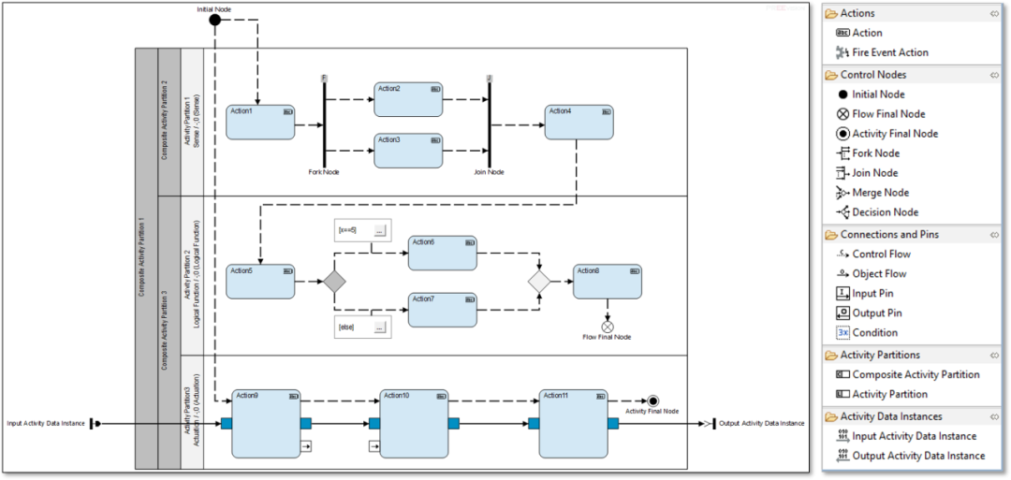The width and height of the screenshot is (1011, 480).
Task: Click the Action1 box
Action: pyautogui.click(x=260, y=123)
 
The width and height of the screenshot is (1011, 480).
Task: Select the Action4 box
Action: pyautogui.click(x=579, y=122)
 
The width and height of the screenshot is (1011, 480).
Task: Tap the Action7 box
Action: pyautogui.click(x=442, y=310)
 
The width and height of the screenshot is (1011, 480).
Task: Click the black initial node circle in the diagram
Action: pyautogui.click(x=214, y=20)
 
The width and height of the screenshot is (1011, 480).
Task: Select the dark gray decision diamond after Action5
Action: pyautogui.click(x=335, y=281)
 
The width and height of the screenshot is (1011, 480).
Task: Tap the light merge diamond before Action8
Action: pyautogui.click(x=540, y=280)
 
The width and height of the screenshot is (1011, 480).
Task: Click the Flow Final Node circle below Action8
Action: pyautogui.click(x=608, y=327)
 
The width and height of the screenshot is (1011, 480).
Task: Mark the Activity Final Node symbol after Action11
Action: pyautogui.click(x=652, y=400)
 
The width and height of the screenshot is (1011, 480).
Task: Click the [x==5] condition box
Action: pyautogui.click(x=360, y=229)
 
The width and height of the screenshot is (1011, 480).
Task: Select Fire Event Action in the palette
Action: pyautogui.click(x=890, y=52)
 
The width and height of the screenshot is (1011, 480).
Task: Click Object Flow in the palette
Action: pyautogui.click(x=879, y=274)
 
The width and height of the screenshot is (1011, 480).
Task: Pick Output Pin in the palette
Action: pyautogui.click(x=876, y=313)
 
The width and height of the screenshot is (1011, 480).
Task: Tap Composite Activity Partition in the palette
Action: pyautogui.click(x=916, y=374)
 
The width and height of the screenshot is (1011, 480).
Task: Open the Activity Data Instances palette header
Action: pyautogui.click(x=890, y=416)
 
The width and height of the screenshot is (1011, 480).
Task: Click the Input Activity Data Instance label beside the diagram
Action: pyautogui.click(x=46, y=423)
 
